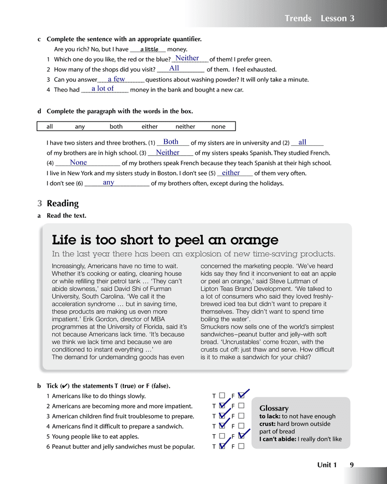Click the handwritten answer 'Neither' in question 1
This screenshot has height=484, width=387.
[187, 58]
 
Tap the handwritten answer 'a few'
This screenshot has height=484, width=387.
[116, 79]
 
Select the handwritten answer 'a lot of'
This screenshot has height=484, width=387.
[103, 89]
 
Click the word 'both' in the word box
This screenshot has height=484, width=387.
[116, 127]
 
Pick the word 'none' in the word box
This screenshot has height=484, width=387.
[218, 127]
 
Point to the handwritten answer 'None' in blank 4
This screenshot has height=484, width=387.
[78, 163]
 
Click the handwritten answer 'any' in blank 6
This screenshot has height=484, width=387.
[108, 182]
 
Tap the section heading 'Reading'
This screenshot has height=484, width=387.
[62, 203]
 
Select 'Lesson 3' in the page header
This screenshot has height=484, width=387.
[338, 18]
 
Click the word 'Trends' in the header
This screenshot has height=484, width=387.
[298, 18]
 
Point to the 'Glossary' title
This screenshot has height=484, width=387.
[274, 408]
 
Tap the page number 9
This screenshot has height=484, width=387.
[352, 465]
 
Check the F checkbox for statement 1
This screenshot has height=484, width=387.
[241, 396]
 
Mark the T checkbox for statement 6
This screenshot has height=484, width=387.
[222, 447]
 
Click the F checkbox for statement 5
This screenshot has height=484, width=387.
[241, 437]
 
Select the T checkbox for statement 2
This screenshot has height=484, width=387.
[222, 406]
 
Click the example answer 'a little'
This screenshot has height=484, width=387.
[149, 49]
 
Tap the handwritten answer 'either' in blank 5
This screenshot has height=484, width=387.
[231, 173]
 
